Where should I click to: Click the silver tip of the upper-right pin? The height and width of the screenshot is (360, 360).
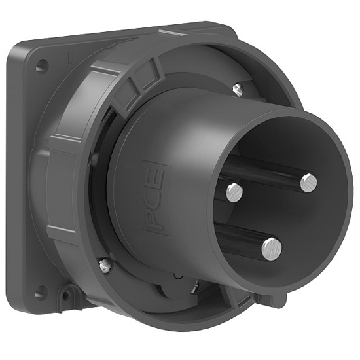309,182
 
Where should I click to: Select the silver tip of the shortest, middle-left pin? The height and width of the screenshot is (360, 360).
234,191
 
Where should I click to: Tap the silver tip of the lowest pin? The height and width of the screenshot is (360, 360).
271,247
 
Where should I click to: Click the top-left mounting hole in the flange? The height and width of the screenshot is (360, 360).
41,65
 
